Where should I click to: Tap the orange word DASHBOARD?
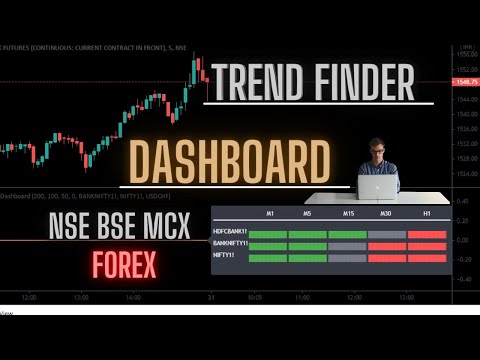click(x=228, y=162)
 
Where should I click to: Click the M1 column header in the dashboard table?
click(x=269, y=214)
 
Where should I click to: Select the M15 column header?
click(x=348, y=214)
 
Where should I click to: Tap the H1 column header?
click(x=426, y=214)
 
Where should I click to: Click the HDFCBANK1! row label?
click(x=230, y=233)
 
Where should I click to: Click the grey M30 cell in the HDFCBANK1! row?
click(x=387, y=234)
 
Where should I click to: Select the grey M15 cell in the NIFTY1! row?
click(x=347, y=258)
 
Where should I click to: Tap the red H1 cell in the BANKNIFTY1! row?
click(x=426, y=246)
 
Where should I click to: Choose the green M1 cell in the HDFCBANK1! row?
click(x=268, y=234)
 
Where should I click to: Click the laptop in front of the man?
click(x=378, y=187)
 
